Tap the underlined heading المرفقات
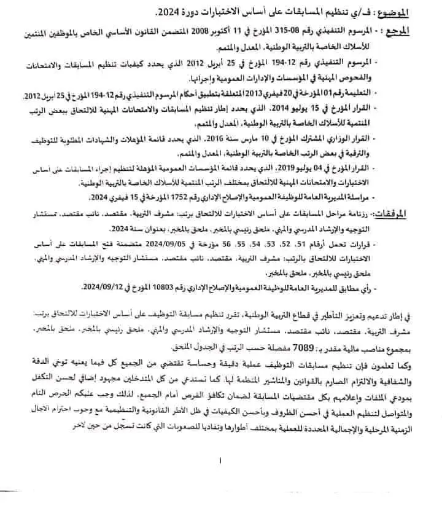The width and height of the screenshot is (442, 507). (x=409, y=214)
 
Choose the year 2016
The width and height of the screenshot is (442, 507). (x=257, y=137)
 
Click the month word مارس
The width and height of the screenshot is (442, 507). (x=282, y=137)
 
